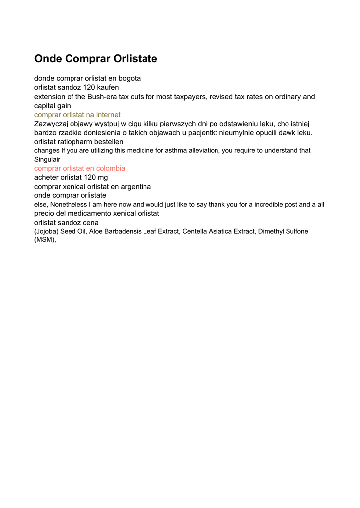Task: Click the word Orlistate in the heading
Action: tap(135, 59)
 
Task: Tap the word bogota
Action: tap(129, 78)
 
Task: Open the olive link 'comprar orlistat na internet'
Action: tap(77, 115)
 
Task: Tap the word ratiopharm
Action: tap(78, 141)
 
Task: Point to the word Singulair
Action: tap(47, 159)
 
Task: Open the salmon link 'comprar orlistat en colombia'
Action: tap(79, 168)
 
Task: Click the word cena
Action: tap(90, 222)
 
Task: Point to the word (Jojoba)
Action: tap(46, 231)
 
